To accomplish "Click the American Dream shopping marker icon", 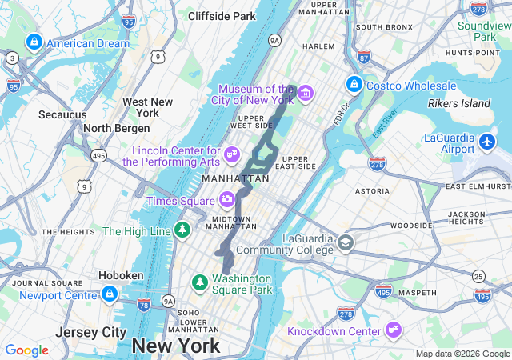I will point(34,42).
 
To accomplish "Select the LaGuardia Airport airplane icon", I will point(488,143).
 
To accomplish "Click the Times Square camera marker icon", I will point(228,200).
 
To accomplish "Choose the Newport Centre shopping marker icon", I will point(109,295).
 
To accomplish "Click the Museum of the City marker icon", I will point(305,94).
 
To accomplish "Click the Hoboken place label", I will point(121,275).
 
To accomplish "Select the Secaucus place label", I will point(62,114).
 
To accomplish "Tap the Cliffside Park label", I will point(222,16).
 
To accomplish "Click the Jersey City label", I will point(91,332).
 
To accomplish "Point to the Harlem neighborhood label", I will point(318,46).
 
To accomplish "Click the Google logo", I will point(26,350).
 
